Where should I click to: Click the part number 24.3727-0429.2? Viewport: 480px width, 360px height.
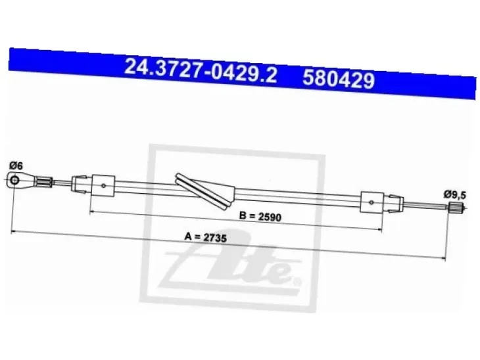201,71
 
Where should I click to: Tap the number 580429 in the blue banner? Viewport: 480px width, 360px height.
339,79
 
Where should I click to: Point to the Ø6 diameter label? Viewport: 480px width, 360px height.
16,166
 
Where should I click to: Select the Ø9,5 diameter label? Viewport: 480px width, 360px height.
455,194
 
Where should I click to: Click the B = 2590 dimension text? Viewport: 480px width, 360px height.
260,217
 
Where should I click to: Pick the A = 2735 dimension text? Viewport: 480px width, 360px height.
205,237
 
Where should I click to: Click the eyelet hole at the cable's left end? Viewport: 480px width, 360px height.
14,180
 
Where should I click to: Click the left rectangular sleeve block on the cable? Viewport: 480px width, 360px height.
103,186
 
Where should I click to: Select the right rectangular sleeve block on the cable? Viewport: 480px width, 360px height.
372,202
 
